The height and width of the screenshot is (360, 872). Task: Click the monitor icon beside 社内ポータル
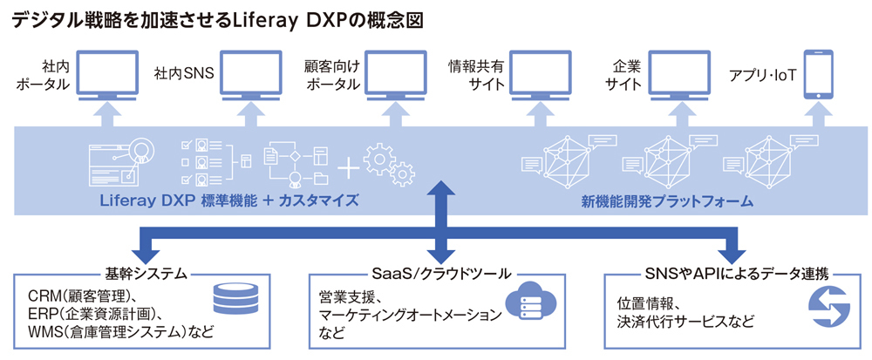click(x=108, y=76)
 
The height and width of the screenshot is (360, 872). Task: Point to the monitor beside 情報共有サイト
click(x=541, y=76)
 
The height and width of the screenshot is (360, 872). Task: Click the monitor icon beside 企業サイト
click(x=681, y=76)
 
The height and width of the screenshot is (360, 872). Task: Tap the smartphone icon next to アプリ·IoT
click(x=819, y=76)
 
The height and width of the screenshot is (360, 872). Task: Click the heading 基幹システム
click(x=145, y=274)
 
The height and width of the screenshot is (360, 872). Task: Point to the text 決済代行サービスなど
click(x=685, y=321)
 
